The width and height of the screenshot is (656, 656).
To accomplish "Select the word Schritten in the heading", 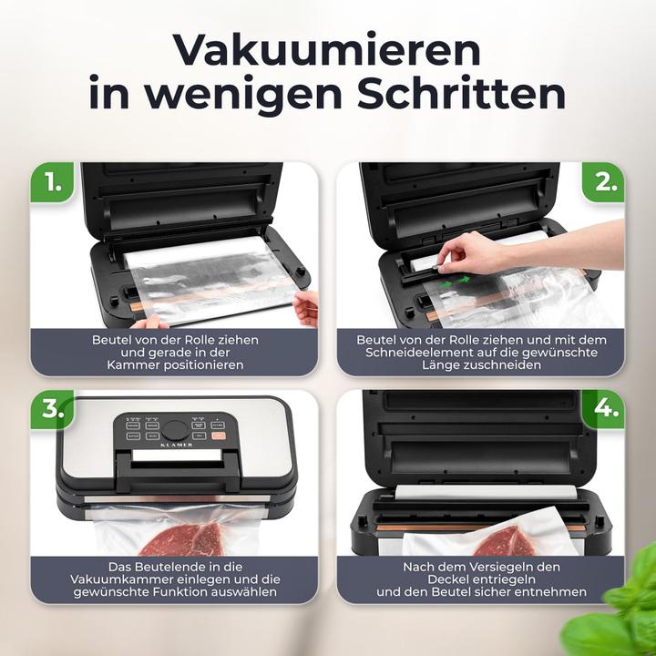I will [455, 94].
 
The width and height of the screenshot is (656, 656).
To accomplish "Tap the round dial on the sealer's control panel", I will [176, 428].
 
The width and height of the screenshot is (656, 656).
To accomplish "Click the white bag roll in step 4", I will [483, 492].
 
